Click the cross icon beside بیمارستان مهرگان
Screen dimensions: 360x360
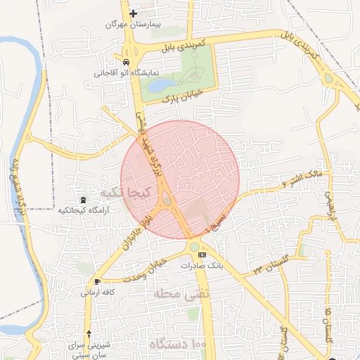133,13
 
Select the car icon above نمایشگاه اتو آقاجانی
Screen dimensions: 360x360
125,62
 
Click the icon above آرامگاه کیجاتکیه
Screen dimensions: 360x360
85,200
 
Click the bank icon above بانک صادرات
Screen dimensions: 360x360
202,255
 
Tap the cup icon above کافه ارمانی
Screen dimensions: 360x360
96,281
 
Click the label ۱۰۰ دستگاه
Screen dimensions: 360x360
179,345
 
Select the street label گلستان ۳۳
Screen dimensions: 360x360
267,266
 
